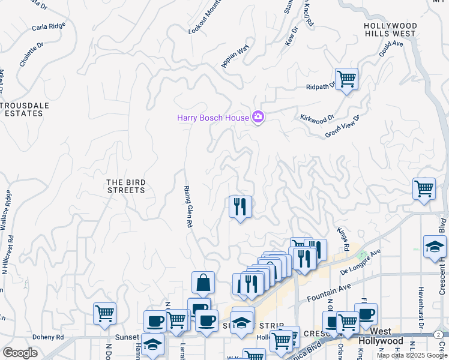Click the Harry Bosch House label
point(212,118)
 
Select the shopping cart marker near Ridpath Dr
point(346,79)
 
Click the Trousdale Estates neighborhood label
point(25,109)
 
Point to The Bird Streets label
point(125,186)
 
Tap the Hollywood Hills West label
point(390,30)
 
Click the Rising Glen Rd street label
point(187,206)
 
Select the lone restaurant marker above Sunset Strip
point(240,207)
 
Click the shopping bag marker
point(203,283)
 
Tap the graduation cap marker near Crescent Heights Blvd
point(435,247)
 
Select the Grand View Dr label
point(342,125)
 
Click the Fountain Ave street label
point(328,292)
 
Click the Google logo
point(20,352)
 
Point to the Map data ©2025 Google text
point(412,355)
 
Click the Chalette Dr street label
point(31,54)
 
